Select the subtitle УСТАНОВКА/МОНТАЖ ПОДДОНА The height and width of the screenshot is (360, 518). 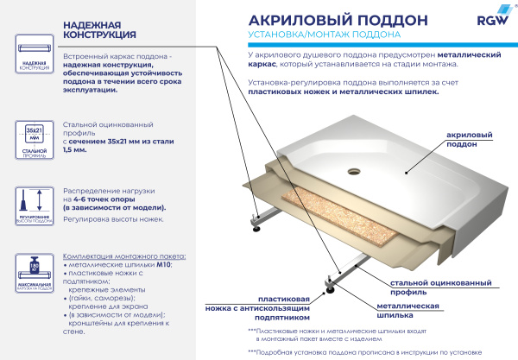pyautogui.click(x=323, y=35)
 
